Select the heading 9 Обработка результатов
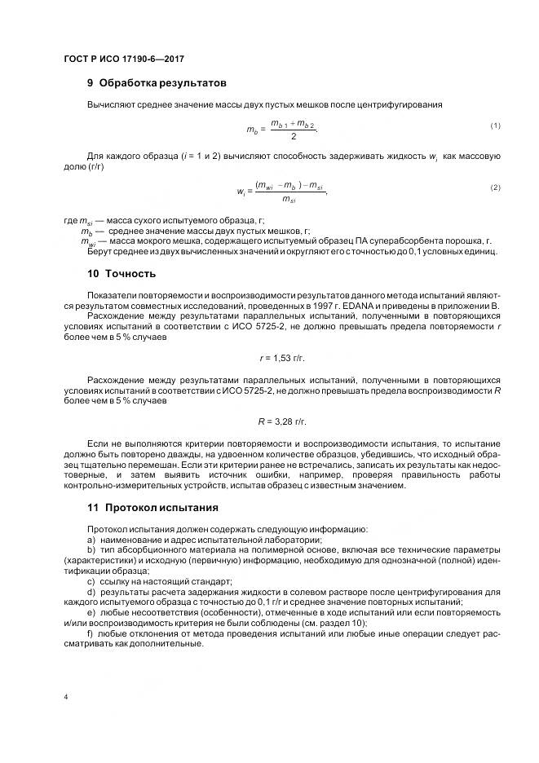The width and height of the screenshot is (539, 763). [157, 83]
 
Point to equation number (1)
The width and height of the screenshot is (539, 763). [495, 125]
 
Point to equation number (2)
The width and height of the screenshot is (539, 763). [495, 187]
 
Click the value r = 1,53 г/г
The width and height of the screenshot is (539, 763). [282, 358]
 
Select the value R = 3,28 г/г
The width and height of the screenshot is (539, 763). [282, 421]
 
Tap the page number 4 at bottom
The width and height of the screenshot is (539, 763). [64, 697]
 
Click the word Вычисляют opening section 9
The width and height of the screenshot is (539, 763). [111, 105]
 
